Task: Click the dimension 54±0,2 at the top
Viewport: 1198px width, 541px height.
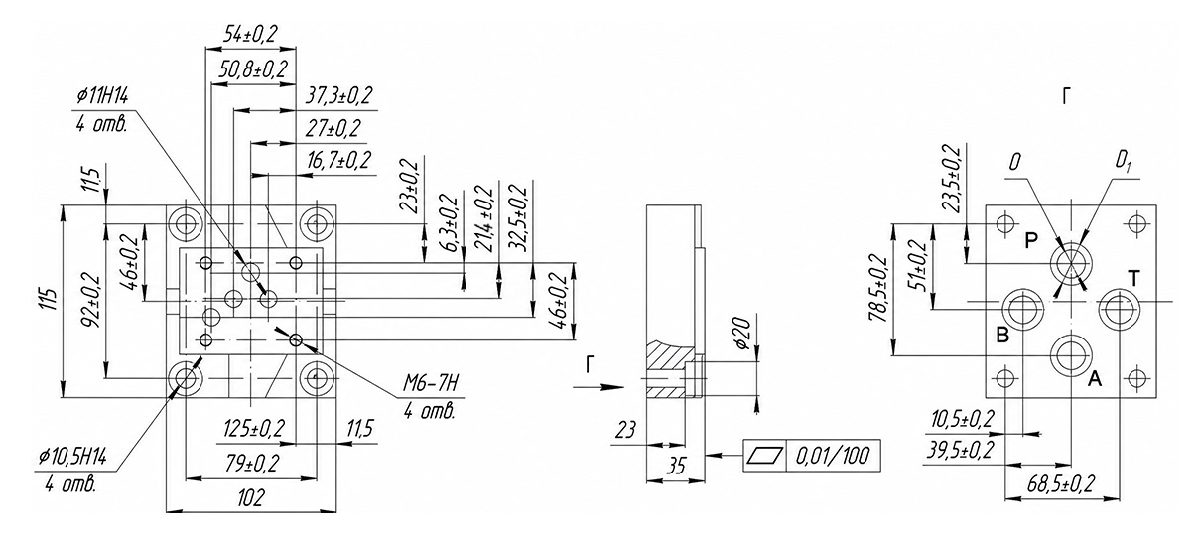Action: click(250, 35)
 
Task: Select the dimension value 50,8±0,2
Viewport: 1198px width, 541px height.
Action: click(253, 69)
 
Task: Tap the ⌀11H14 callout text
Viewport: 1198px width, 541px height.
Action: click(101, 97)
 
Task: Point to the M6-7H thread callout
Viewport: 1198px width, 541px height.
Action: click(431, 384)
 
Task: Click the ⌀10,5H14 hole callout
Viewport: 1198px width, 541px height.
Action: click(72, 457)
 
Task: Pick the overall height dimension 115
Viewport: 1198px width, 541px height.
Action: click(50, 300)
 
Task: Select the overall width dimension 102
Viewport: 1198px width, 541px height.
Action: click(251, 497)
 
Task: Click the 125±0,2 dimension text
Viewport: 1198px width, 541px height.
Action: click(254, 429)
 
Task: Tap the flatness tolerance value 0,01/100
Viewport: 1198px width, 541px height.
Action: click(833, 456)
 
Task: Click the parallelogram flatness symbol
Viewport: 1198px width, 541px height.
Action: click(765, 456)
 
